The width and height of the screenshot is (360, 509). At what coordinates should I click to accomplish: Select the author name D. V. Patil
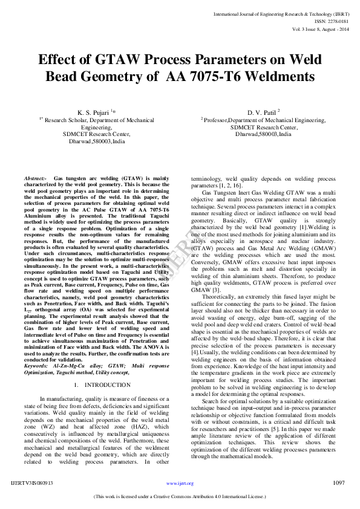coord(261,112)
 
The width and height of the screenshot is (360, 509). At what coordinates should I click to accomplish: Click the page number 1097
coord(338,483)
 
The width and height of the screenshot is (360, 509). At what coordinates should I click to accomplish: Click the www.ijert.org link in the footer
coord(180,484)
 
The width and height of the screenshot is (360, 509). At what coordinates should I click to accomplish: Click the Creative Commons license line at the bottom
coord(180,497)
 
